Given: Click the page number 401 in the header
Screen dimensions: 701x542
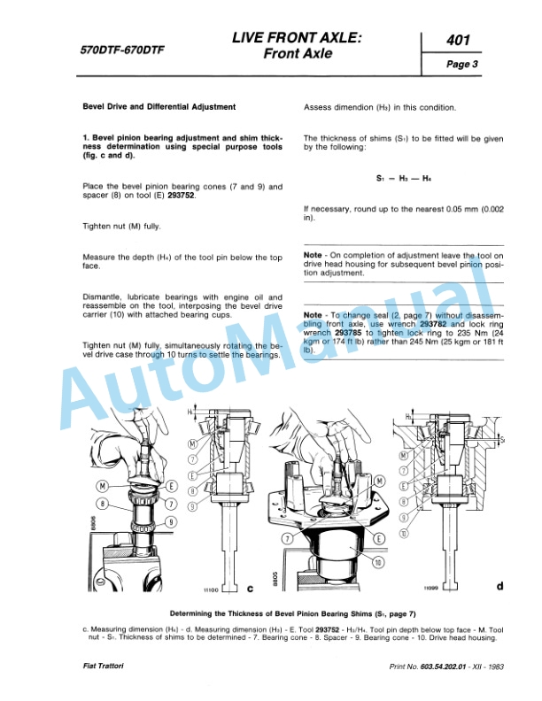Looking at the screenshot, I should [x=458, y=41].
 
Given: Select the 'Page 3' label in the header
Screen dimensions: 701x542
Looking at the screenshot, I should [x=461, y=65].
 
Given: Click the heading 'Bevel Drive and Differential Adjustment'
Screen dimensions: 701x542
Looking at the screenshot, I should [x=159, y=107].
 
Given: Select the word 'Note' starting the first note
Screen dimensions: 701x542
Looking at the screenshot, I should [x=312, y=255].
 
